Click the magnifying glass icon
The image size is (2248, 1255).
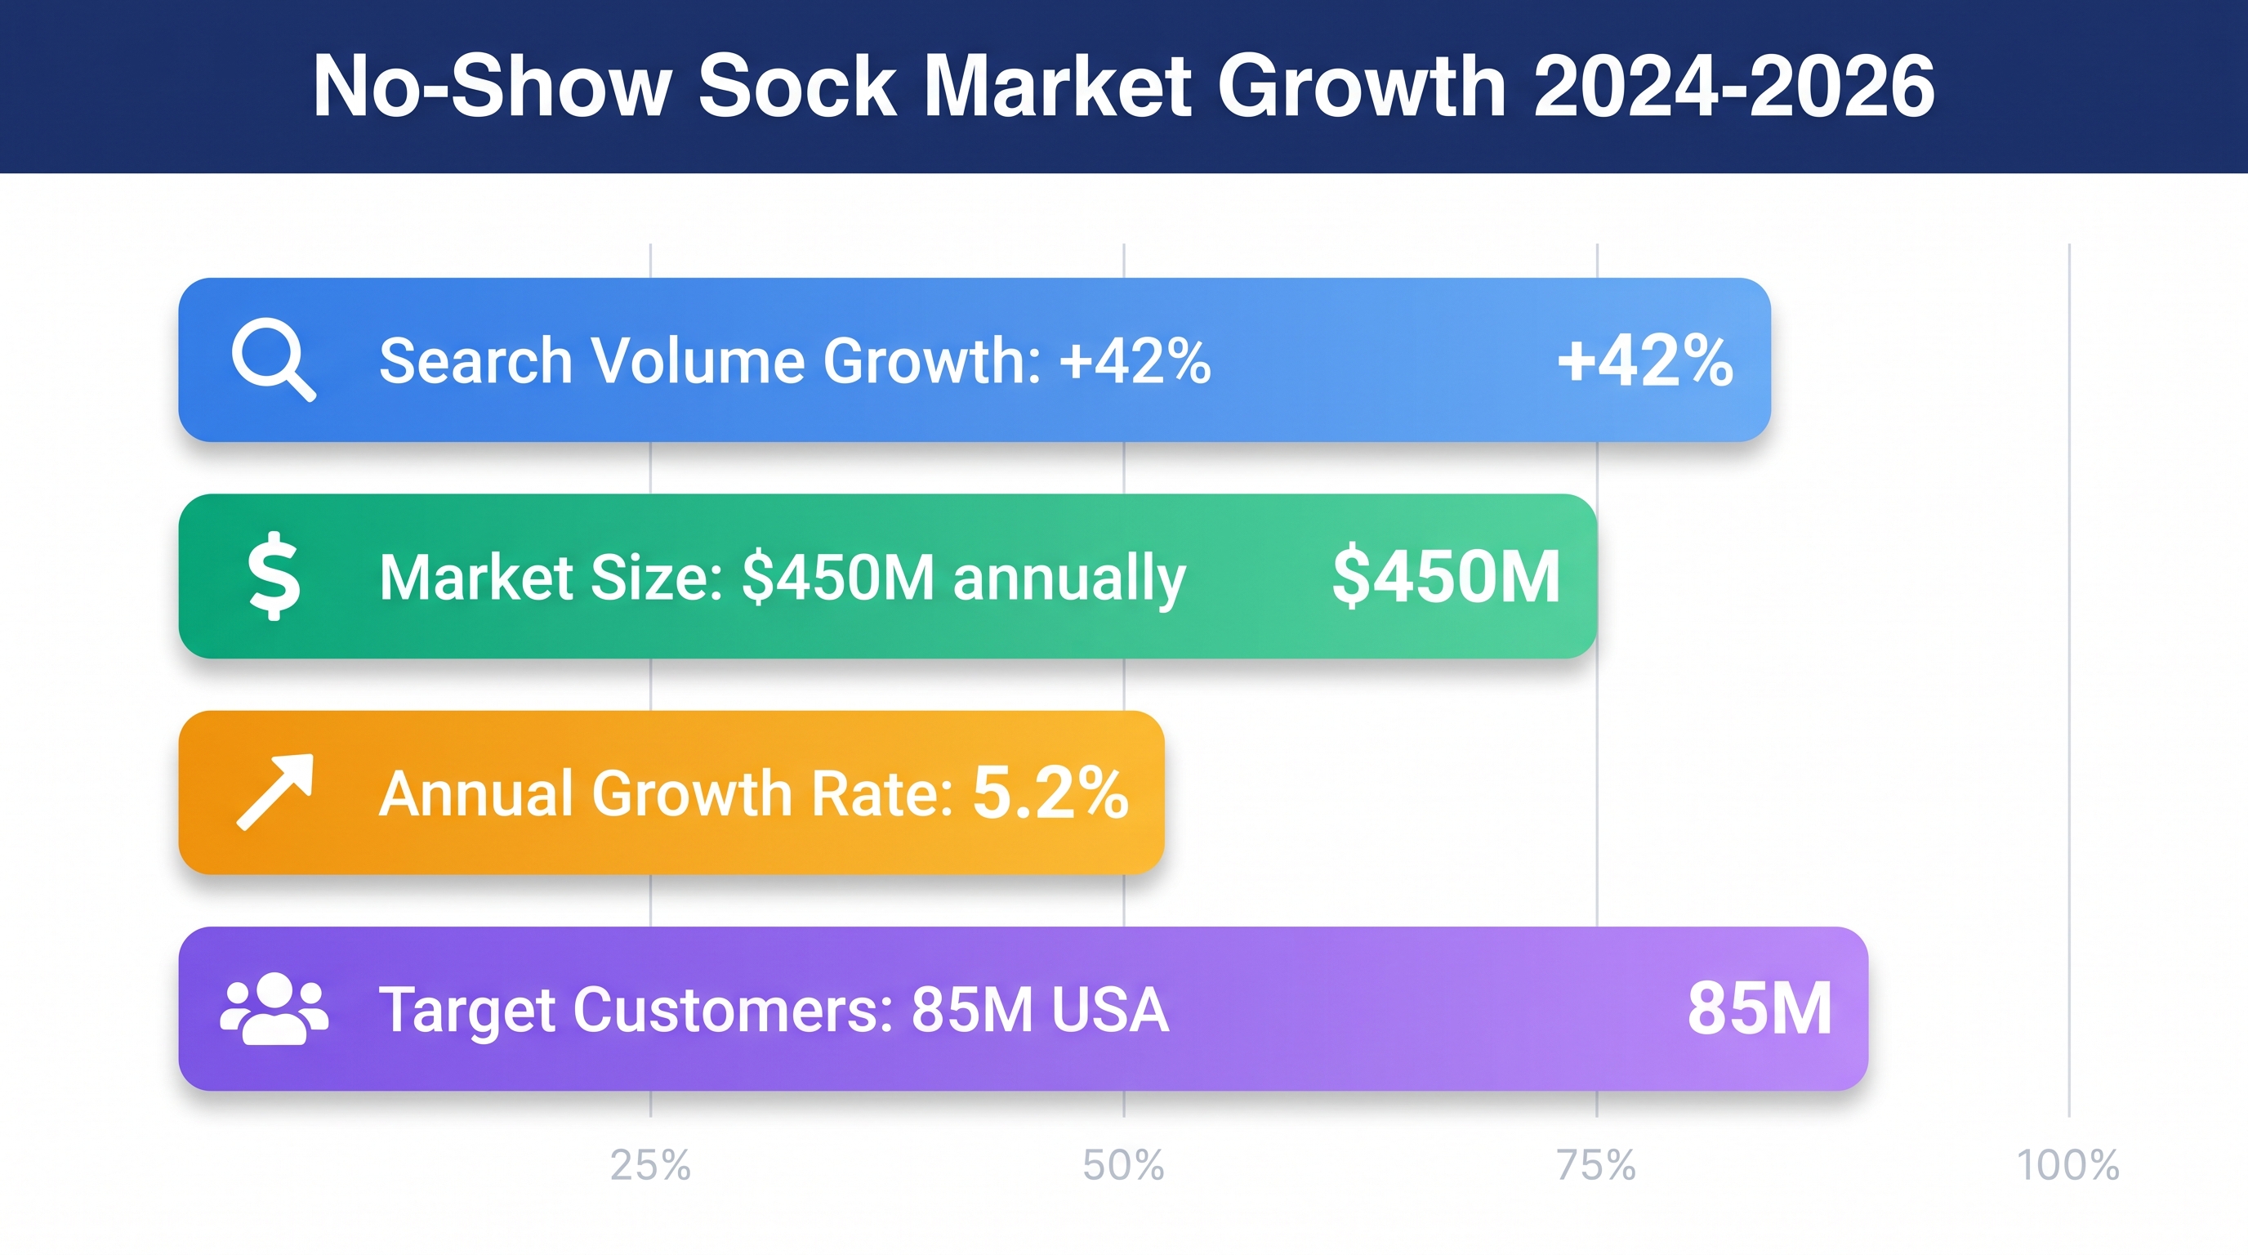[x=272, y=359]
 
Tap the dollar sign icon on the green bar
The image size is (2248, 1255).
[x=274, y=576]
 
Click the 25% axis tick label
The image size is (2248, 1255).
[x=650, y=1165]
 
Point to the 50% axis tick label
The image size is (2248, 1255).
[x=1123, y=1165]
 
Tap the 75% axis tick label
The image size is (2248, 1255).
[x=1596, y=1165]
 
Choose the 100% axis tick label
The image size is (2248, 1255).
[x=2067, y=1165]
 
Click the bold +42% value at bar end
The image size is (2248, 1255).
[x=1645, y=360]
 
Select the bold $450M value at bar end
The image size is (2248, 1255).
[x=1446, y=576]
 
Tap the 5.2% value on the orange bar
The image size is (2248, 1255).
[x=1050, y=792]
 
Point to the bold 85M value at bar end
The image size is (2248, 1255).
[x=1760, y=1009]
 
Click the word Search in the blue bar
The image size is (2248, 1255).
[x=475, y=360]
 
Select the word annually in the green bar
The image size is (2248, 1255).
[x=1069, y=578]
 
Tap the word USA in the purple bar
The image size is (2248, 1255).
[x=1110, y=1010]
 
